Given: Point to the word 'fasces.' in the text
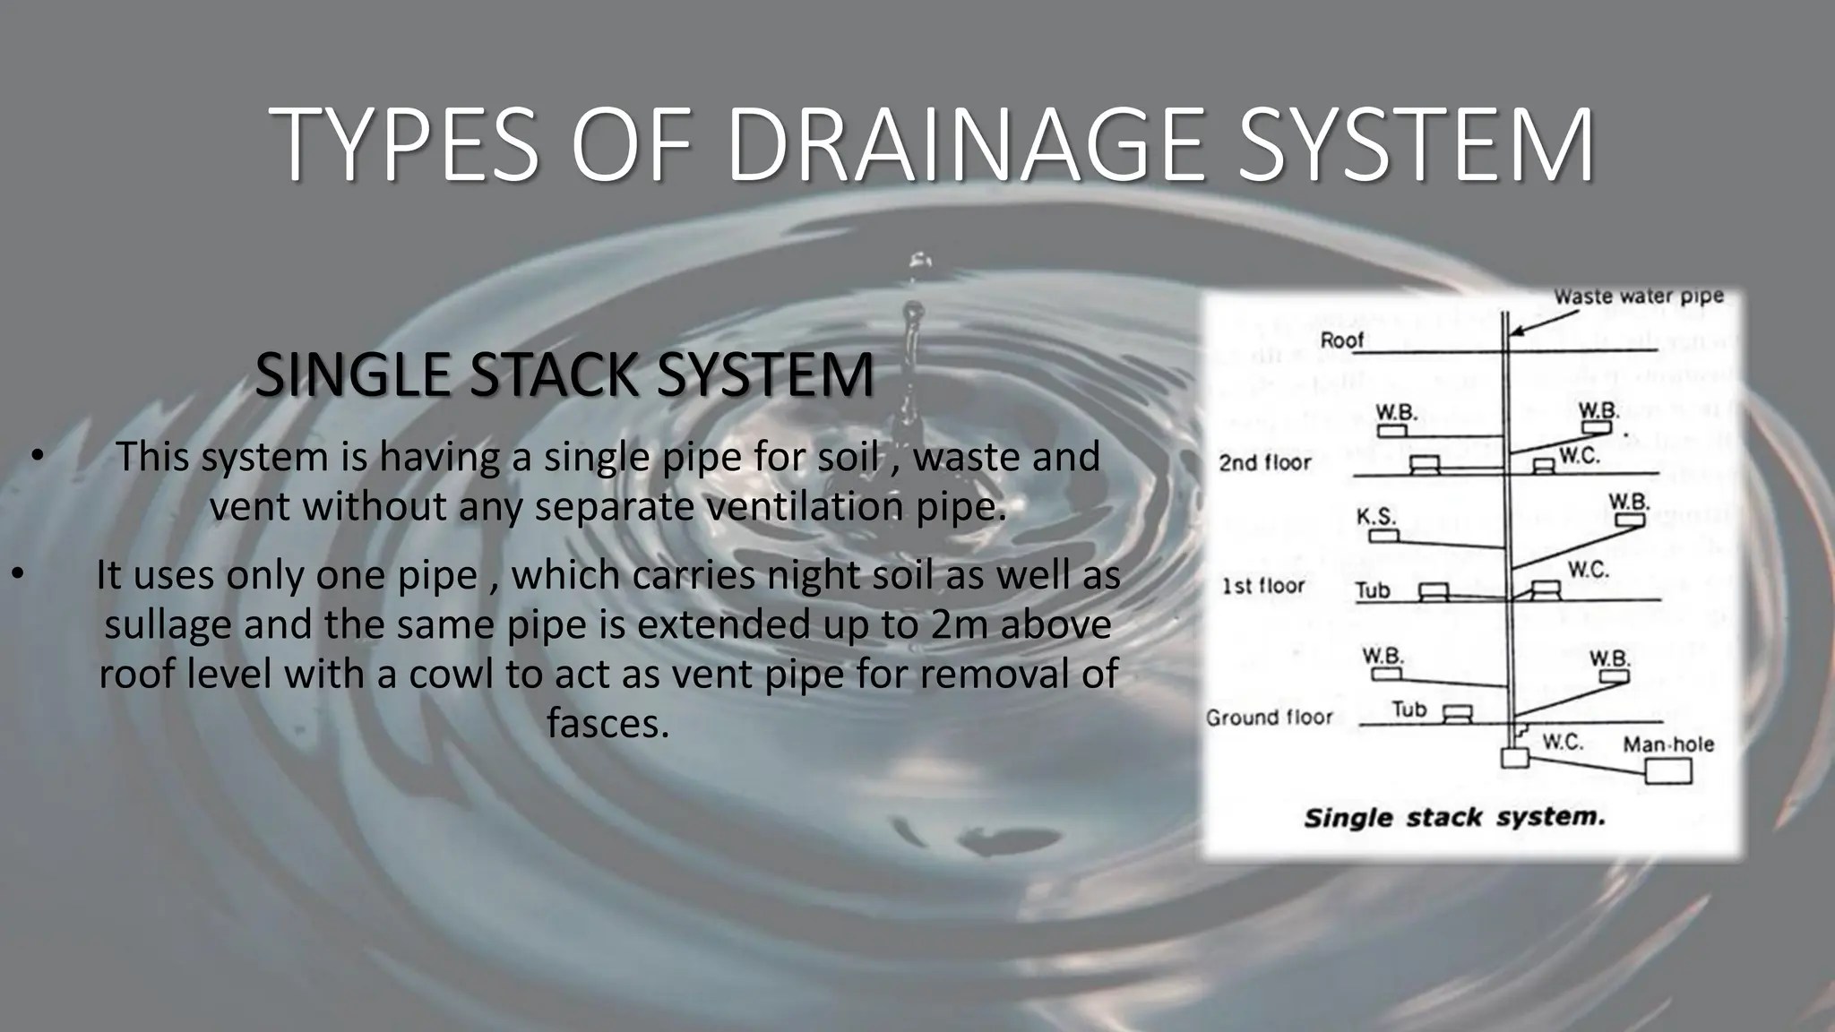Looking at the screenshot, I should [x=608, y=723].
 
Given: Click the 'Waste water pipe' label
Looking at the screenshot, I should [x=1639, y=297].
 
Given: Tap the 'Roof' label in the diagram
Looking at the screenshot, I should [x=1341, y=340].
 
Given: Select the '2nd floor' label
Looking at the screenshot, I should [x=1264, y=463].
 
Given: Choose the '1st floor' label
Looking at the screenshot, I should [x=1263, y=587].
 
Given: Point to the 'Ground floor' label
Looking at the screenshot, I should [x=1269, y=718].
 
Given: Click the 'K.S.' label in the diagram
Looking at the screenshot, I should [x=1375, y=517].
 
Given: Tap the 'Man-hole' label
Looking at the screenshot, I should [x=1667, y=744].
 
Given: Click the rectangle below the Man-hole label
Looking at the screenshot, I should [x=1668, y=771].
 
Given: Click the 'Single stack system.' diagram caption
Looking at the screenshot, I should [x=1454, y=818].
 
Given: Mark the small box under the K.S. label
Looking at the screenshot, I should [x=1384, y=536].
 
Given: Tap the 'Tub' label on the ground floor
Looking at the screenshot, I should [x=1409, y=709].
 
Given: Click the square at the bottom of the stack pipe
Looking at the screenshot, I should [x=1513, y=758].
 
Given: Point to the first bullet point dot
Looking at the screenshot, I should [x=36, y=457].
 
